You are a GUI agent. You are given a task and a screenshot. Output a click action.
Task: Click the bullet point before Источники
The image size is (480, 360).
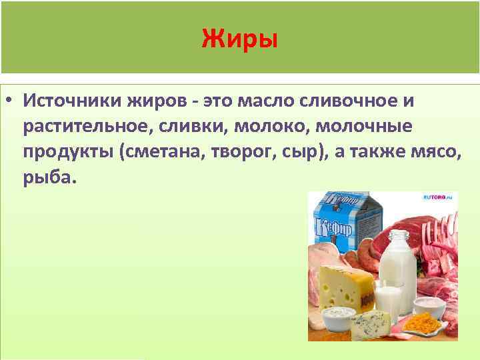(11, 101)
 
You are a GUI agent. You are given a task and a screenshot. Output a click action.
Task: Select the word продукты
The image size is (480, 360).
(67, 153)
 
